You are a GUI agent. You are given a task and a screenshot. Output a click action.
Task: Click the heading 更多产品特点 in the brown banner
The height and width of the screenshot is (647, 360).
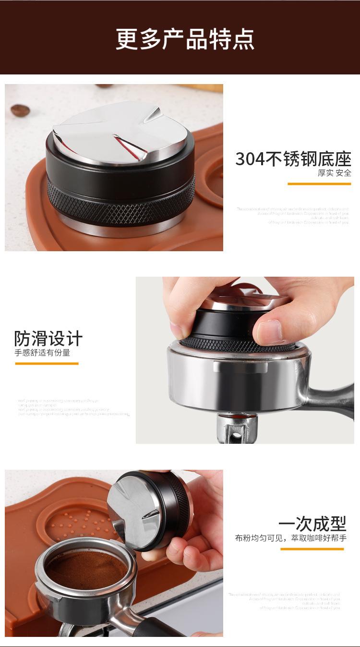[x=185, y=39]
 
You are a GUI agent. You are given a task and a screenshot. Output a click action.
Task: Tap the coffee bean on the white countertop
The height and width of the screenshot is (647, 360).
[x=20, y=110]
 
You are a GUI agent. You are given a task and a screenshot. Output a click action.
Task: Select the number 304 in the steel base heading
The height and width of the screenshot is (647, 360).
[x=250, y=159]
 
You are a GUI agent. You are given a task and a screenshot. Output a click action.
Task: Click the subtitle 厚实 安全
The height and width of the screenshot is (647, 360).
[x=334, y=173]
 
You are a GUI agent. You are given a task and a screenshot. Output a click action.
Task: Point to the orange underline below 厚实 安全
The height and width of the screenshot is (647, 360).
[x=319, y=183]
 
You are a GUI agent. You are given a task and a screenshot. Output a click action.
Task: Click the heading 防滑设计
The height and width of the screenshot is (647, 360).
[x=48, y=339]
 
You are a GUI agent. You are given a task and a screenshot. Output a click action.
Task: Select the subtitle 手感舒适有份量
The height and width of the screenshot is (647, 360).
[x=42, y=353]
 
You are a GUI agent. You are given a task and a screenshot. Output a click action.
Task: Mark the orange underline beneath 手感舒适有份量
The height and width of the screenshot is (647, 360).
[x=47, y=363]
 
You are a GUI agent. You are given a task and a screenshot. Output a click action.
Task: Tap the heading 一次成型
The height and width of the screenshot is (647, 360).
[x=312, y=524]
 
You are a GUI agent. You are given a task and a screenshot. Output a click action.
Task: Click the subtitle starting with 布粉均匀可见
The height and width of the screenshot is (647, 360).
[x=290, y=538]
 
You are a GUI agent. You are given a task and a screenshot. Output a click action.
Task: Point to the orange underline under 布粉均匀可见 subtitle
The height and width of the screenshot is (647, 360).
[x=312, y=549]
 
